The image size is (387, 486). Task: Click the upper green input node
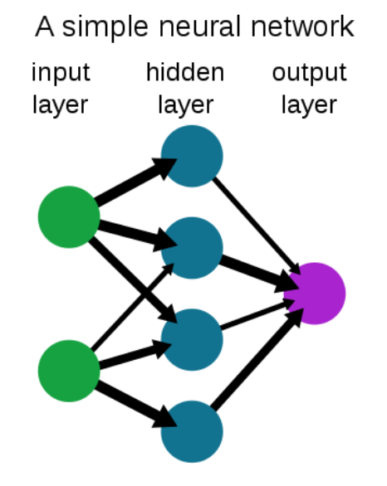69,217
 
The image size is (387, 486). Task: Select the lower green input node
69,371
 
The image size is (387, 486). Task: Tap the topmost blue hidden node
192,156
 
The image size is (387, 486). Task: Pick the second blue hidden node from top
192,248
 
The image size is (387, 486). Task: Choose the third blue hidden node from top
192,340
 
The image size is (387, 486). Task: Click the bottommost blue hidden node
192,431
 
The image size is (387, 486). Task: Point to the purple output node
315,294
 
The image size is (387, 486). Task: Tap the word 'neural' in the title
199,27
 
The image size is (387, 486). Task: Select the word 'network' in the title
302,27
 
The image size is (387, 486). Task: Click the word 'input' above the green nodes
61,73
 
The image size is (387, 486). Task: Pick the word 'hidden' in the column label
185,72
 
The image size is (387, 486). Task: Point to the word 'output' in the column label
310,74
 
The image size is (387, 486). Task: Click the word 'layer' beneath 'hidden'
185,106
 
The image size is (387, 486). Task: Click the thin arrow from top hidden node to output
257,226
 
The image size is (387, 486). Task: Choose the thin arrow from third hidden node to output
257,314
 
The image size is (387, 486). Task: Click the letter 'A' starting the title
45,27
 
